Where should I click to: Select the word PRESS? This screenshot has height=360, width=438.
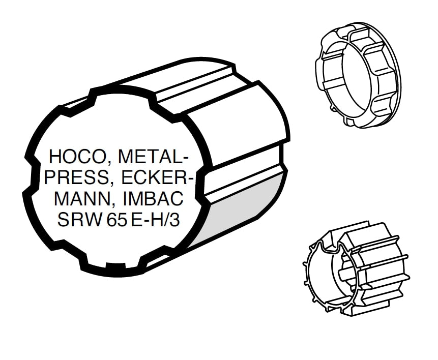coord(76,177)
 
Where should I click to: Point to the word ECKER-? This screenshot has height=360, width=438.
coord(157,177)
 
